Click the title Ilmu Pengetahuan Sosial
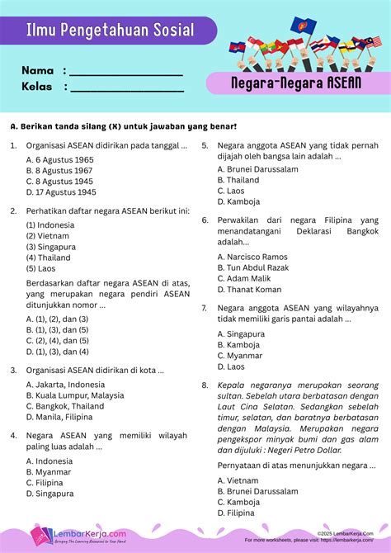[x=111, y=31]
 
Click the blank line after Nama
[x=126, y=73]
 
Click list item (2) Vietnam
[x=47, y=235]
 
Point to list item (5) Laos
[x=41, y=268]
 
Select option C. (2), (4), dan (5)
[x=57, y=340]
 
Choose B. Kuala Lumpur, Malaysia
[x=75, y=395]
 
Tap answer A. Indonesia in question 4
[x=49, y=461]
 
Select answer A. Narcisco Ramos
[x=252, y=257]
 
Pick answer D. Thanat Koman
[x=249, y=290]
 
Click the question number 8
[x=205, y=385]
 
